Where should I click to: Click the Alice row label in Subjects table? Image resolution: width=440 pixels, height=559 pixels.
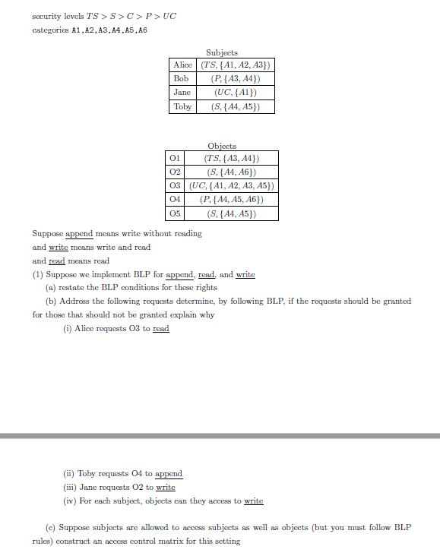point(183,65)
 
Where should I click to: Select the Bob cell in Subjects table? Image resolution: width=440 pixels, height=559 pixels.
point(181,79)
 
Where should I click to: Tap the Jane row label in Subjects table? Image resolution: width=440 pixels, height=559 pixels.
point(182,93)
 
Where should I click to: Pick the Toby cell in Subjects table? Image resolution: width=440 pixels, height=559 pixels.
point(182,106)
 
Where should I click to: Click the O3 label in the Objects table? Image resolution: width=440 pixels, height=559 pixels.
point(174,185)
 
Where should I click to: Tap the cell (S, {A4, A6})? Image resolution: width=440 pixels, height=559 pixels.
point(232,172)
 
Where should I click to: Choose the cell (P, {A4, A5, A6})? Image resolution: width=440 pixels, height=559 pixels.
point(232,199)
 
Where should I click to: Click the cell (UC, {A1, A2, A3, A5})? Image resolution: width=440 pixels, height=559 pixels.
point(232,185)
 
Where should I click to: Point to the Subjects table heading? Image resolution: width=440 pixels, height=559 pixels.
point(222,52)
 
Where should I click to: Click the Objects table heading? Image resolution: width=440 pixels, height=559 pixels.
point(222,145)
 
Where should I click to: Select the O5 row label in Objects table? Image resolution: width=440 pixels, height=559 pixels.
point(174,213)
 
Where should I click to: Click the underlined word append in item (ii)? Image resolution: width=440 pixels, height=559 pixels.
point(169,474)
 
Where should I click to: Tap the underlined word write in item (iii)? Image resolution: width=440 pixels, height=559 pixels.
point(166,488)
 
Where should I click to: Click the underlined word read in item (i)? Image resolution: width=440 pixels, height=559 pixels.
point(160,329)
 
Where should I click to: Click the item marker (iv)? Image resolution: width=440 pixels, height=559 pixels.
point(70,501)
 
